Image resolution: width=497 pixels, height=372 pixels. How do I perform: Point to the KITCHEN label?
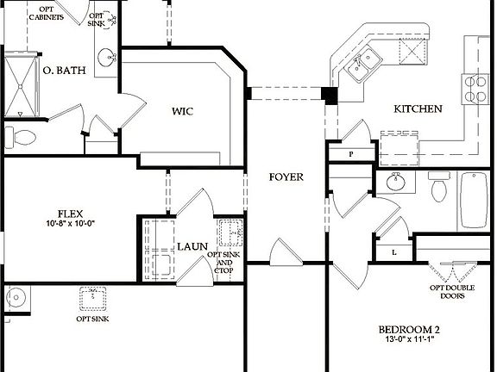(418, 109)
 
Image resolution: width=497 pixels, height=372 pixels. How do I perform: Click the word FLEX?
(69, 214)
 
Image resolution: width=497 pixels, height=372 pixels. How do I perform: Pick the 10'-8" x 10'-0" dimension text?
(69, 226)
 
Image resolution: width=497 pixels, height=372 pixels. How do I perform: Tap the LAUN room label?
(192, 246)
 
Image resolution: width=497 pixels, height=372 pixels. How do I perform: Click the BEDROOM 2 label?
(410, 330)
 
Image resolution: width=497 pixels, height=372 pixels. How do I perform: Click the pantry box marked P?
(351, 153)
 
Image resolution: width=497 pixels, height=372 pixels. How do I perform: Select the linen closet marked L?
(393, 251)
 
